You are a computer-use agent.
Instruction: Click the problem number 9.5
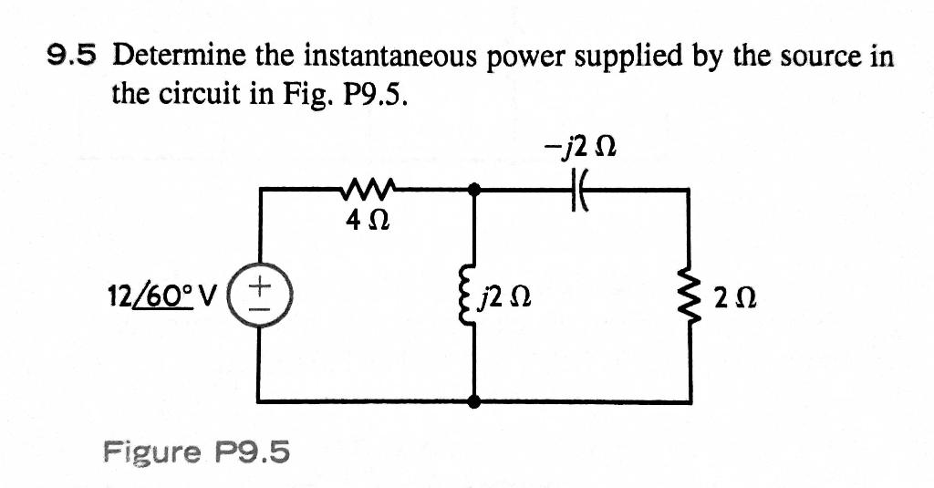(70, 57)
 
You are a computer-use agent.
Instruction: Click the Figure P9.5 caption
(196, 451)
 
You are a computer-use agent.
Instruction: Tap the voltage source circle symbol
(259, 295)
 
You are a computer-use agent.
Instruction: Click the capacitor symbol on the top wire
(579, 191)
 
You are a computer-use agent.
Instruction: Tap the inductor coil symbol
(472, 295)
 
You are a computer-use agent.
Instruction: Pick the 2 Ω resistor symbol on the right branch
(688, 295)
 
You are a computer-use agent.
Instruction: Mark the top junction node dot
(472, 189)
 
